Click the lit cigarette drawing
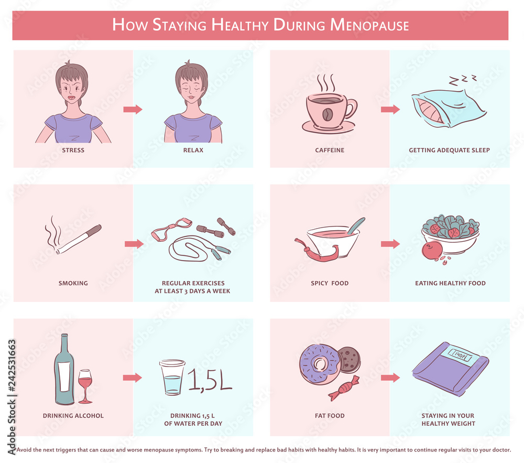[79, 240]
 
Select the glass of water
[172, 378]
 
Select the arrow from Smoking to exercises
[134, 244]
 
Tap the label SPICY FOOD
[329, 283]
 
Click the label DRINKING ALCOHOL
[73, 416]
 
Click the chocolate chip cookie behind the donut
[347, 359]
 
